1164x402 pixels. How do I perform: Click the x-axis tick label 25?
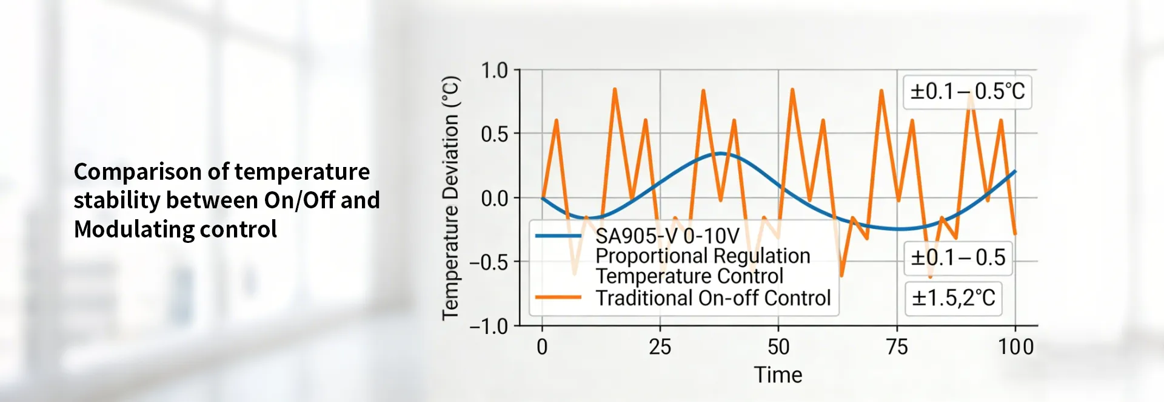pos(660,347)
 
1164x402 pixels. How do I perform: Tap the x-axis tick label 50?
pos(778,347)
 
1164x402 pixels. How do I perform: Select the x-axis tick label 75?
pos(897,347)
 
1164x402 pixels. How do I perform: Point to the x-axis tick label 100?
pos(1015,347)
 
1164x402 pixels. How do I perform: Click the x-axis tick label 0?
pos(542,347)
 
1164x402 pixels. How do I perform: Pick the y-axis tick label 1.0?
pos(494,70)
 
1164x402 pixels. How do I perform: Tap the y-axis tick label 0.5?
pos(494,134)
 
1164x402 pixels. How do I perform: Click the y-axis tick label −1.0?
pos(489,327)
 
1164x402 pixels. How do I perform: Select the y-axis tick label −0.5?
pos(489,262)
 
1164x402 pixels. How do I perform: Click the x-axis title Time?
pos(778,375)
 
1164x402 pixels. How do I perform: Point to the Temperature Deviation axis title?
pos(450,198)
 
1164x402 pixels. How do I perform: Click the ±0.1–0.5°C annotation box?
pos(967,92)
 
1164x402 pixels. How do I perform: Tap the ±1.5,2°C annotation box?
pos(954,298)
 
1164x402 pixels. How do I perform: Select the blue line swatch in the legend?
pos(558,236)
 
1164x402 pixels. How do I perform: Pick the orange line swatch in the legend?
pos(558,298)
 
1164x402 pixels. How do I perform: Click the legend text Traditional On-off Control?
pos(713,298)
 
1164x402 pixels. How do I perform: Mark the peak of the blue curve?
pos(720,153)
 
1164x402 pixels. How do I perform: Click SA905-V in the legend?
pos(637,236)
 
